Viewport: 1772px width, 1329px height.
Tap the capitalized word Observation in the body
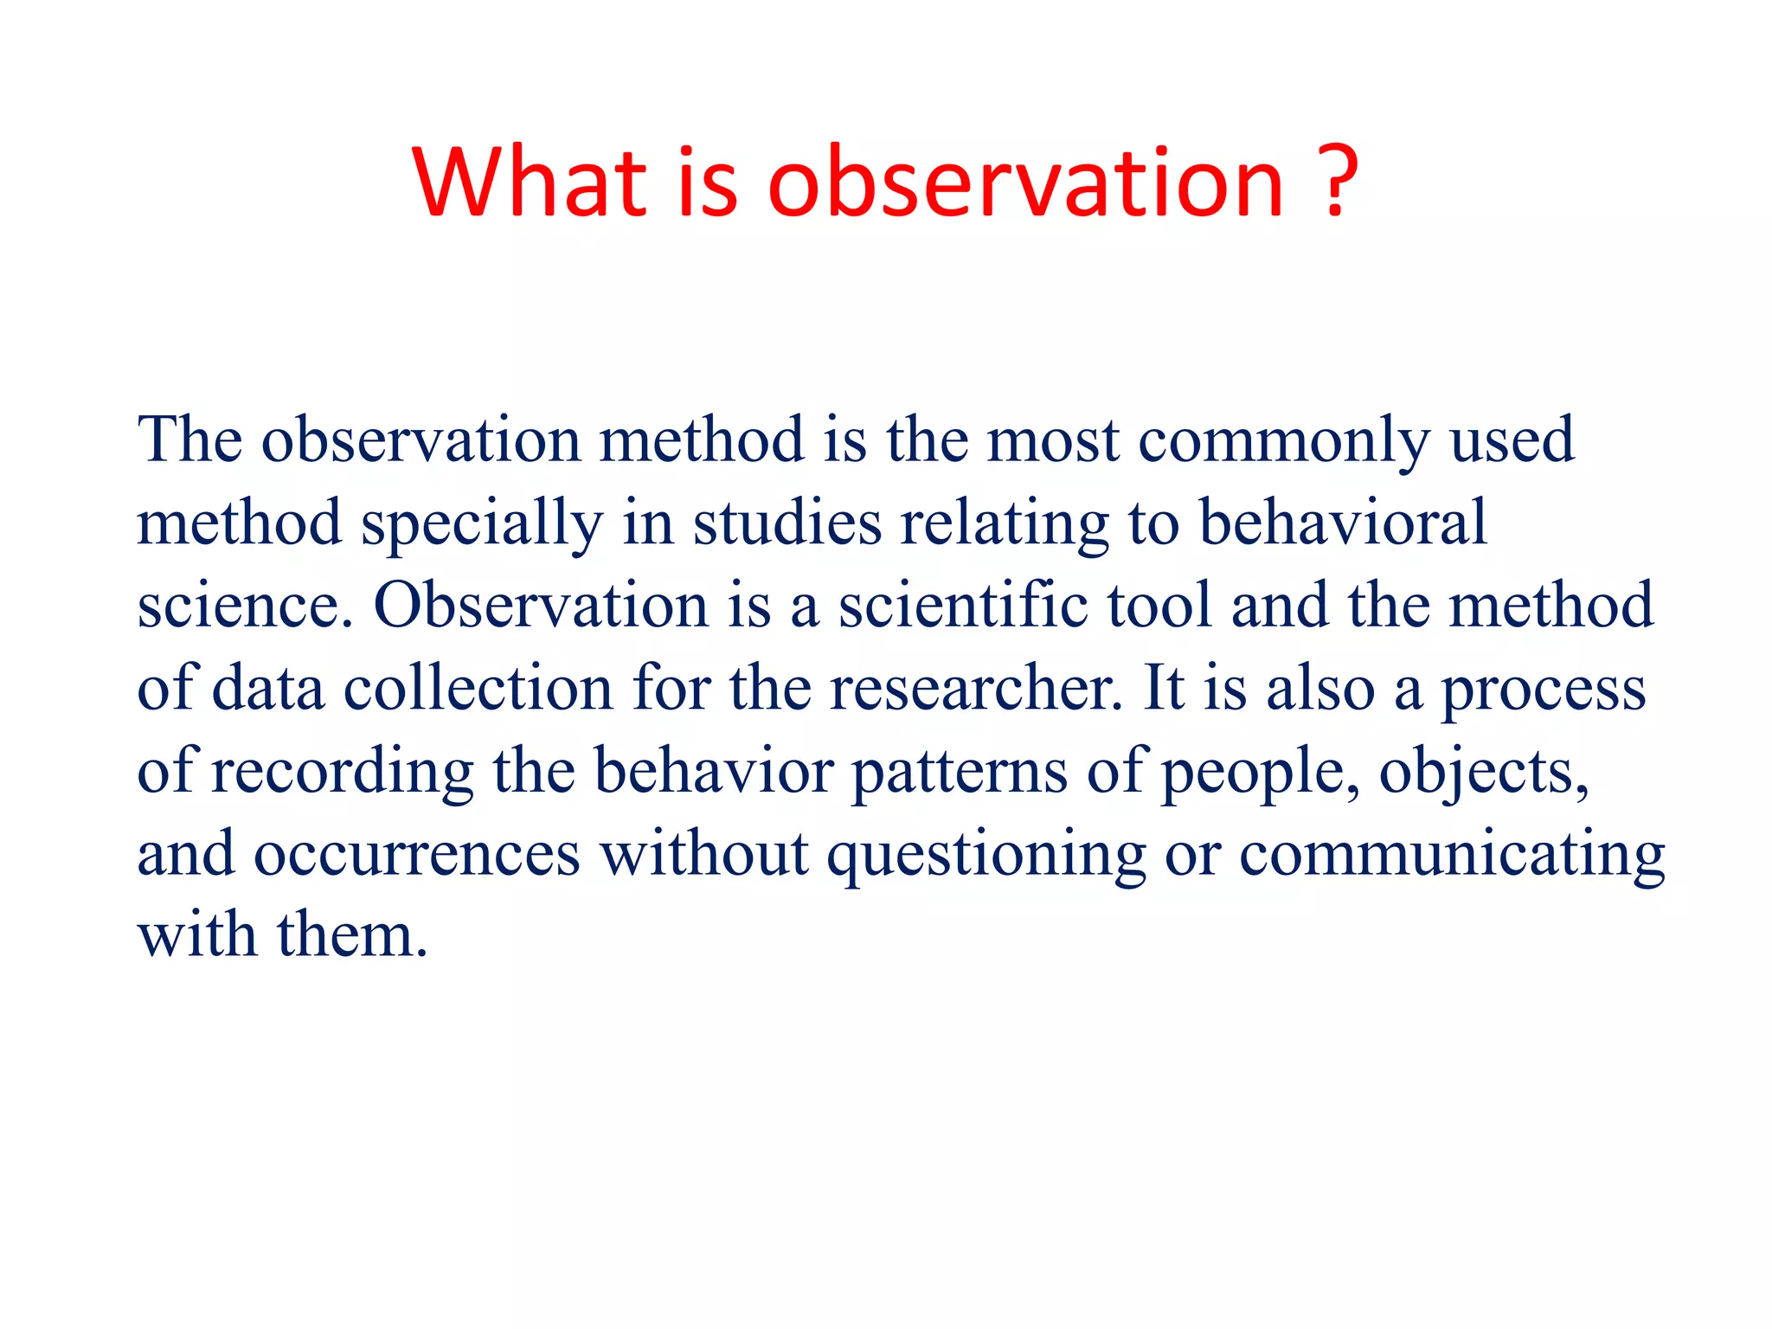click(541, 605)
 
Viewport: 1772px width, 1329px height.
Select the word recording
click(343, 772)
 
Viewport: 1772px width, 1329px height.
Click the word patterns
click(960, 772)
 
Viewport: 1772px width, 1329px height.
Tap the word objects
click(1483, 772)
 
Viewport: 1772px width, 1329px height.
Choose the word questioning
click(986, 856)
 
